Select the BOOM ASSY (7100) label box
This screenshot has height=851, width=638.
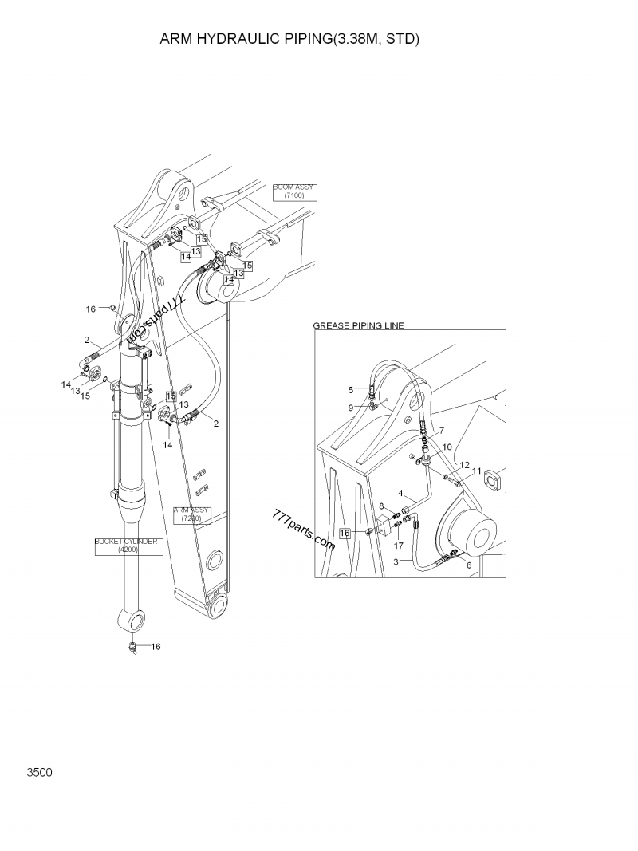pos(294,191)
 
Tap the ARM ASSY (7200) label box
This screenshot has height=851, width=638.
pos(191,514)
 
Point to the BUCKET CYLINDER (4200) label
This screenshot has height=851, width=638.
pos(128,546)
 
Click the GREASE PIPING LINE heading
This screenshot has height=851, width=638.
pos(358,325)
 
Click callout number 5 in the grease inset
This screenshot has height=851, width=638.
pos(350,389)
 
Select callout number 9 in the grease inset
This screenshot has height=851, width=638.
pos(350,408)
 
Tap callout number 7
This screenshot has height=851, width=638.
pos(440,431)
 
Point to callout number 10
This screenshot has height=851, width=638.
pos(447,447)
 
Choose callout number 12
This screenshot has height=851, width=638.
pos(464,464)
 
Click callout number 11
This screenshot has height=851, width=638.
pos(477,471)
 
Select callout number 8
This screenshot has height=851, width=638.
pos(382,506)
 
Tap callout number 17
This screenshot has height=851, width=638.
pos(399,546)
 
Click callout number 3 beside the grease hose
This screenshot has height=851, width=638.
pos(396,562)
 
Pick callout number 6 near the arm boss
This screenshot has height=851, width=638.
pos(468,565)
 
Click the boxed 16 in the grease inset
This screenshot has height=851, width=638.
pos(345,532)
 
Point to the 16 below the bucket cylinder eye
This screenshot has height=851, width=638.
pos(156,646)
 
